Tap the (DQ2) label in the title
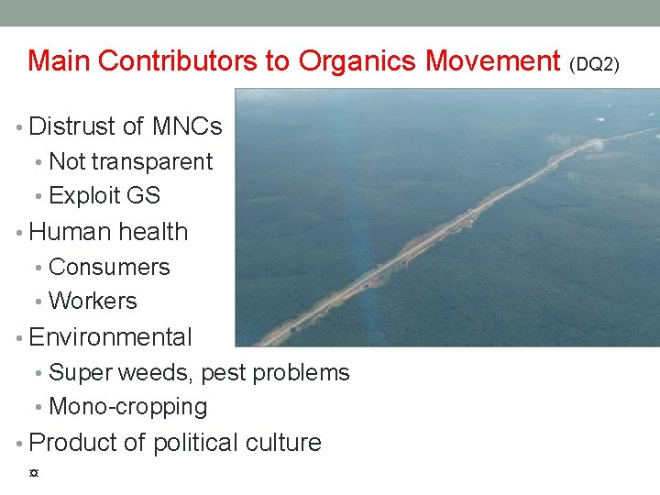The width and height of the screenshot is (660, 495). pos(595,64)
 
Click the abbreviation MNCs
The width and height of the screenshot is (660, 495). pos(188,126)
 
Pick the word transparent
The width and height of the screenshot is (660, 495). pos(152,162)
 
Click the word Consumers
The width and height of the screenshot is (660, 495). pos(109,268)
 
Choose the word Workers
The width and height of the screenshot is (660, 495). pos(93,302)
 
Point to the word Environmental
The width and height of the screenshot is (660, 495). pos(110,337)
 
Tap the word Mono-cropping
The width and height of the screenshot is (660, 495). pos(128,407)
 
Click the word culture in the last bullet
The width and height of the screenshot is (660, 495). pos(284,443)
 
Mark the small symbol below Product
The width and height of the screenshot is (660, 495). pos(34,473)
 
